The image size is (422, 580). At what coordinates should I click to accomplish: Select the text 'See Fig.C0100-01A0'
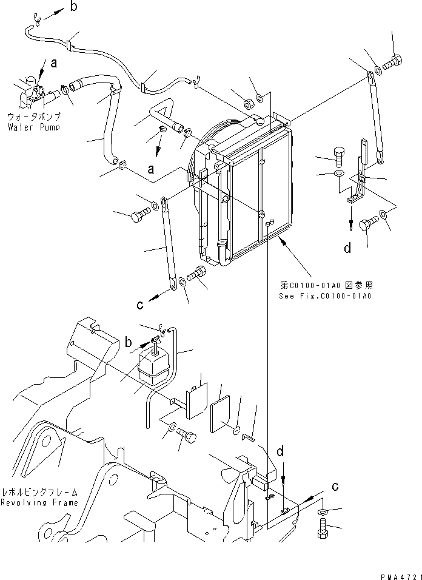pyautogui.click(x=324, y=296)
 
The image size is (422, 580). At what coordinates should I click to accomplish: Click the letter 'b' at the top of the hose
pyautogui.click(x=74, y=7)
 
